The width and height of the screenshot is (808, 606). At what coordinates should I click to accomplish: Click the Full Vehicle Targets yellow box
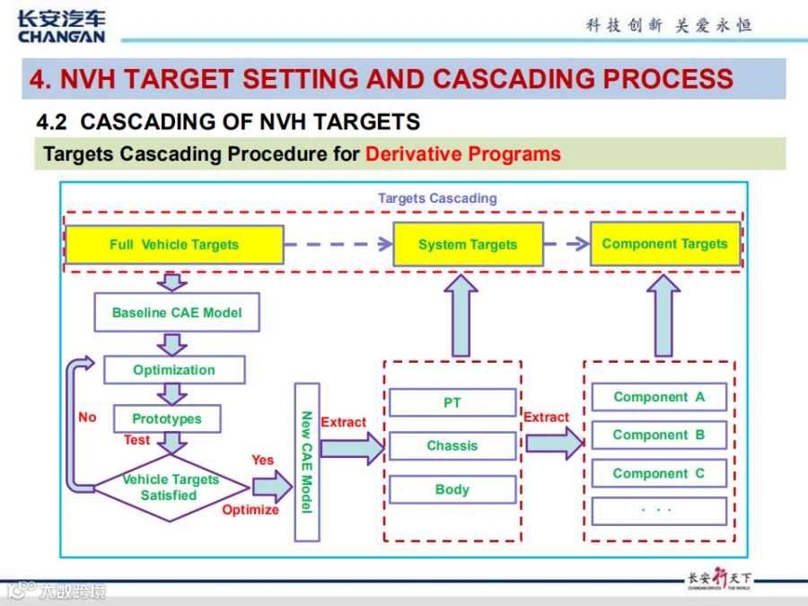(174, 245)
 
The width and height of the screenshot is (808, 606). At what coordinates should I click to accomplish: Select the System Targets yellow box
(468, 244)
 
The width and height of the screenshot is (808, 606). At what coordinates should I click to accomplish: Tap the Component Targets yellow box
(664, 243)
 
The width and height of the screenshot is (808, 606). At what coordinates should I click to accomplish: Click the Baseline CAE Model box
(177, 312)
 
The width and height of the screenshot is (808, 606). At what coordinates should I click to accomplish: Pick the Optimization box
(174, 370)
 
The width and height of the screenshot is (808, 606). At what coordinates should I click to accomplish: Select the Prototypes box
(167, 418)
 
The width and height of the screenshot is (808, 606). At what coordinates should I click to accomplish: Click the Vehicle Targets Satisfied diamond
(171, 487)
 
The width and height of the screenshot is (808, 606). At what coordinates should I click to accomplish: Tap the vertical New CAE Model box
(307, 462)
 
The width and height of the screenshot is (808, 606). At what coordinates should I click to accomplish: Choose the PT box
(452, 402)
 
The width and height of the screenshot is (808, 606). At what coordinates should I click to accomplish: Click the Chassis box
(452, 445)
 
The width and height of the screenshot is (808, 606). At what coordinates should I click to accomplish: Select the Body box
(452, 489)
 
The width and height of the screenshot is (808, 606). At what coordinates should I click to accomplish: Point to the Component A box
(659, 397)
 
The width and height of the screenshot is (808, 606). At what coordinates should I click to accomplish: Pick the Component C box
(659, 473)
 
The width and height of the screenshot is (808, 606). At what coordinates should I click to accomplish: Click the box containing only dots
(659, 511)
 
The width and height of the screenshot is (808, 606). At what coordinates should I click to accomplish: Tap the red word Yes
(262, 460)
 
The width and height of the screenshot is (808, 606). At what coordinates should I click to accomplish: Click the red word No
(88, 417)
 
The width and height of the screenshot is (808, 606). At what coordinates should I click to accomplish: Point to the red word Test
(136, 440)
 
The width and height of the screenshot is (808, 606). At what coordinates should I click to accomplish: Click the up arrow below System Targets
(461, 315)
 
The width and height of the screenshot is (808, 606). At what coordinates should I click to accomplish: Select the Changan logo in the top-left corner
(61, 27)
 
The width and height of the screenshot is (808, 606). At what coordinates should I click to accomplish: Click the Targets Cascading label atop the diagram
(437, 198)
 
